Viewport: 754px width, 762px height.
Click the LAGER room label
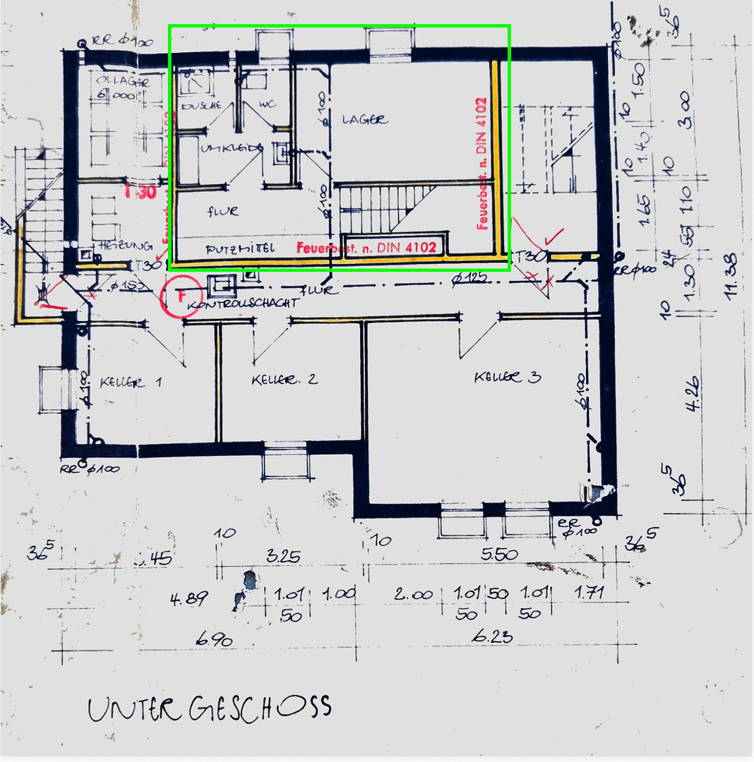tap(365, 120)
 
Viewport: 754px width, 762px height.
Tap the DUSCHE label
tap(202, 106)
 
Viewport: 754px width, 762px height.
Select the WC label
tap(268, 104)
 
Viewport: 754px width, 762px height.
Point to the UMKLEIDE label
tap(232, 149)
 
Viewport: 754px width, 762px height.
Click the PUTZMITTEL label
tap(239, 249)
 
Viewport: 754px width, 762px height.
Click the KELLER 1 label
tap(131, 382)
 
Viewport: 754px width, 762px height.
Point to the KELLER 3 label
tap(507, 377)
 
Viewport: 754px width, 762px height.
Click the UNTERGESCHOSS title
tap(210, 708)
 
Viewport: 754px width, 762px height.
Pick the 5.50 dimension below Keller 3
tap(499, 555)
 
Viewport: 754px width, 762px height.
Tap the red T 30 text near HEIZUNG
tap(139, 192)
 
